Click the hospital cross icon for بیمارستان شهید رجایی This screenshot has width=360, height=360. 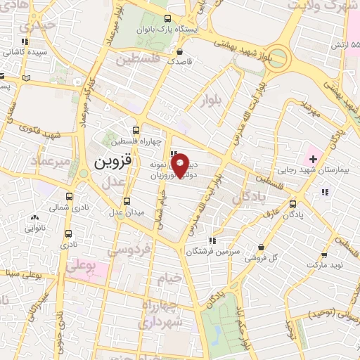[313, 159]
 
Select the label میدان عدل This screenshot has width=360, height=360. [126, 212]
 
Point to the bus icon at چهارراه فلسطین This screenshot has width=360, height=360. [136, 129]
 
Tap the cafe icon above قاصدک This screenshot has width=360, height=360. [180, 51]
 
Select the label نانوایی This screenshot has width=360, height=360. [35, 228]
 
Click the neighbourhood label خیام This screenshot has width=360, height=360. [169, 278]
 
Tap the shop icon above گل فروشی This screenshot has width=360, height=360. [262, 247]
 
